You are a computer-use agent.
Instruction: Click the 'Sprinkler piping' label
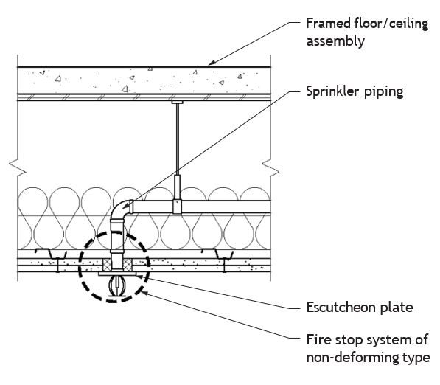[x=355, y=92]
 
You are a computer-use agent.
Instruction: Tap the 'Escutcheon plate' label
[x=360, y=308]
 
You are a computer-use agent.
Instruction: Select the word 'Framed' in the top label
[x=328, y=23]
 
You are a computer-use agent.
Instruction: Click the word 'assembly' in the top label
[x=335, y=41]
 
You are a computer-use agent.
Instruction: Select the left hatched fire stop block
[x=107, y=265]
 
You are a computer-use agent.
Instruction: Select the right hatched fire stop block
[x=128, y=265]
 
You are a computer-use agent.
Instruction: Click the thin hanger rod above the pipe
[x=178, y=139]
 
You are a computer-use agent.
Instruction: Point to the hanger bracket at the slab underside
[x=178, y=103]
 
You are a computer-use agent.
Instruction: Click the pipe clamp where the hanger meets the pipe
[x=178, y=206]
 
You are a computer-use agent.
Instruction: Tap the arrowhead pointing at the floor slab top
[x=212, y=63]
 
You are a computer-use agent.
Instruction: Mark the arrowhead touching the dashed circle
[x=144, y=293]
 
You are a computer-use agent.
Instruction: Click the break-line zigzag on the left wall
[x=18, y=168]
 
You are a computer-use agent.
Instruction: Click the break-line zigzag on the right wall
[x=270, y=168]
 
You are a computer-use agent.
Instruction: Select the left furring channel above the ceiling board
[x=51, y=254]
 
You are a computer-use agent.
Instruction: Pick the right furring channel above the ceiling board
[x=217, y=254]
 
